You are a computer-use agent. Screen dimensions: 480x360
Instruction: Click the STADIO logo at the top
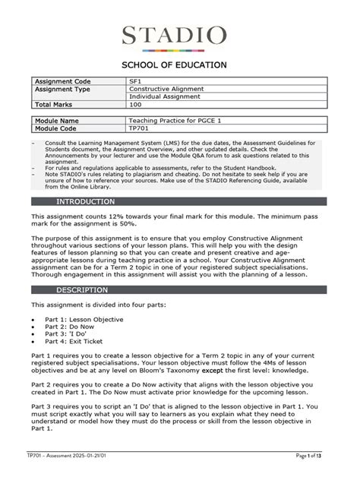(x=179, y=35)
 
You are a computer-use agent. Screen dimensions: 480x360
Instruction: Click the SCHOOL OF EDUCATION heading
(x=179, y=65)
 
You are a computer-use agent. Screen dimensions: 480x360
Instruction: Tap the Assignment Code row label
(x=63, y=81)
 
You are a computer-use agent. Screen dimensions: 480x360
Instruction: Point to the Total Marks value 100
(x=135, y=106)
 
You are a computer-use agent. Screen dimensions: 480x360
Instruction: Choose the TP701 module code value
(x=138, y=129)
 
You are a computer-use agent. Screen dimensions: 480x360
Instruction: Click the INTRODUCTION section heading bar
(x=179, y=202)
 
